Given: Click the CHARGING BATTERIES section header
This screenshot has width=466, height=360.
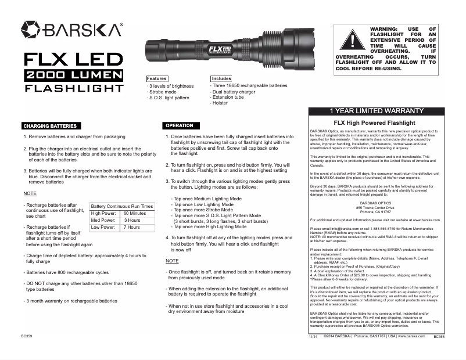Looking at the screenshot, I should tap(49, 125).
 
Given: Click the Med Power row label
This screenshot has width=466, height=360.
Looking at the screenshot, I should tap(103, 221).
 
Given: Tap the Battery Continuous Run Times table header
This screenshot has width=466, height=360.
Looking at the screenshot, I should tap(122, 206).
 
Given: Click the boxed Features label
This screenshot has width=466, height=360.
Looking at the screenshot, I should tap(157, 78).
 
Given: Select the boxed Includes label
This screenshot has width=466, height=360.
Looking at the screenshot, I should tap(221, 78).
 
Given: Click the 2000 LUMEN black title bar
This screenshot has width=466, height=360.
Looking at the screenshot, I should tap(74, 75).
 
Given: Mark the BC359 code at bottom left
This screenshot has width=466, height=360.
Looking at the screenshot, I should tap(26, 336).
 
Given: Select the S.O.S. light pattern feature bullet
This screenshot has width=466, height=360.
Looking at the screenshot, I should tap(170, 98).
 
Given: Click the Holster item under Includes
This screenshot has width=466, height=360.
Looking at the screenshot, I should tap(220, 103).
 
